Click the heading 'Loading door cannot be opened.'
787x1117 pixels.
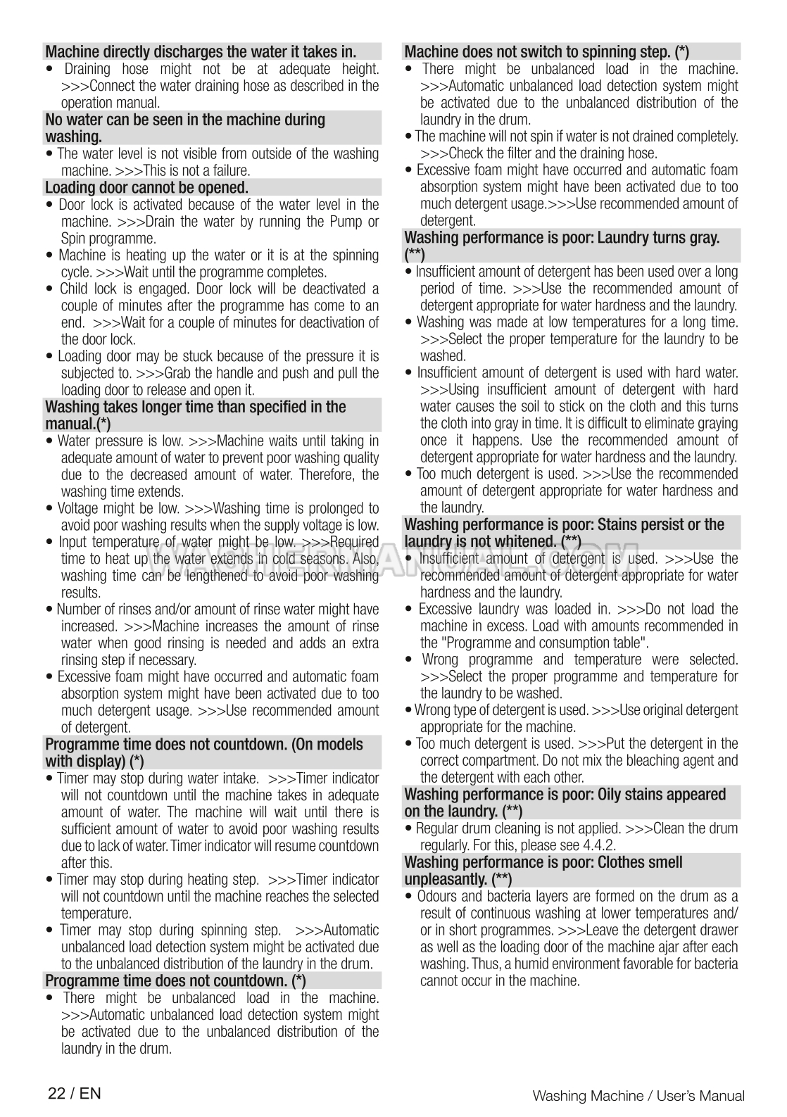point(146,188)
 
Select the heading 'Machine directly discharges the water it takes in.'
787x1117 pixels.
point(201,51)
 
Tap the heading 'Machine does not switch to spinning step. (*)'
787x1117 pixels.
point(546,51)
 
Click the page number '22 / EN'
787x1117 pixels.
point(75,1093)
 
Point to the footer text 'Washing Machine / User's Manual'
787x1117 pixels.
point(638,1095)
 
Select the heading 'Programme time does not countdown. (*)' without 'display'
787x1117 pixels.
point(175,981)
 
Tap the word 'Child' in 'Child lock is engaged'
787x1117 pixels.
point(73,289)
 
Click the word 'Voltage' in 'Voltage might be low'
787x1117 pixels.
point(78,509)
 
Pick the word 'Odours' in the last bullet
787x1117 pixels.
point(437,897)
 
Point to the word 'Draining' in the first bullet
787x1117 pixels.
point(87,69)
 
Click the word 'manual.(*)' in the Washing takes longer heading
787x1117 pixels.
point(77,424)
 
